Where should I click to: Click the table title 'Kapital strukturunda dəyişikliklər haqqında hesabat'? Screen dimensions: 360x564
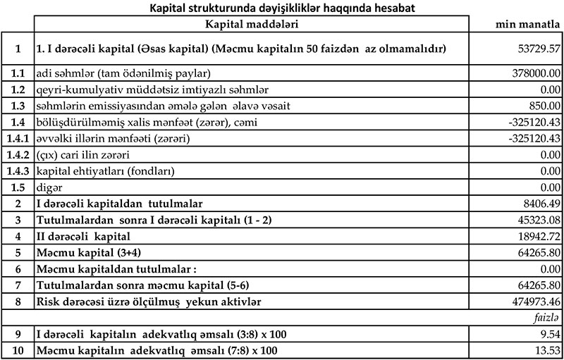pos(281,8)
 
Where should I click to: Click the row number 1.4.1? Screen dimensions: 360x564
pos(17,137)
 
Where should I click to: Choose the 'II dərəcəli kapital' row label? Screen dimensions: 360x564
pos(84,235)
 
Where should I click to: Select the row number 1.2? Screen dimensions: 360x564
pos(17,89)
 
